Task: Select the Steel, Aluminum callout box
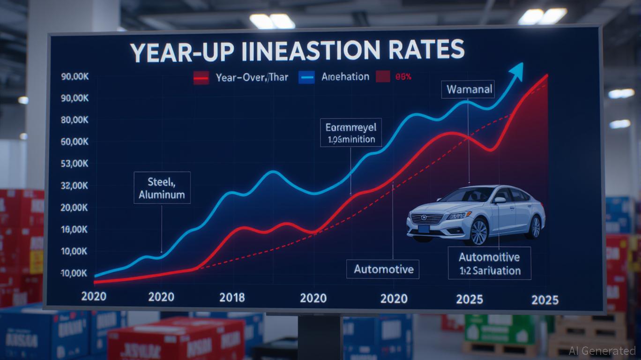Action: point(162,187)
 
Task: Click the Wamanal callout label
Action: point(468,90)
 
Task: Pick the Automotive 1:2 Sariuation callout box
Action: point(490,264)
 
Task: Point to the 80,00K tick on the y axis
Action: point(75,120)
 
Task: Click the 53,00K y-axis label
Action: point(75,164)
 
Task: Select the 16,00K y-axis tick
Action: point(75,230)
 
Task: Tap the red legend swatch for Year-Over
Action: point(201,78)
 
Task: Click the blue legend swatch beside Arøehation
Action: point(306,77)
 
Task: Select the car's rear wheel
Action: point(534,226)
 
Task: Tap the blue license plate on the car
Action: point(424,229)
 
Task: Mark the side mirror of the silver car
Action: point(499,200)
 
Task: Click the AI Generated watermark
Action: point(602,351)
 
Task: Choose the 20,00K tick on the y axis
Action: point(75,208)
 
